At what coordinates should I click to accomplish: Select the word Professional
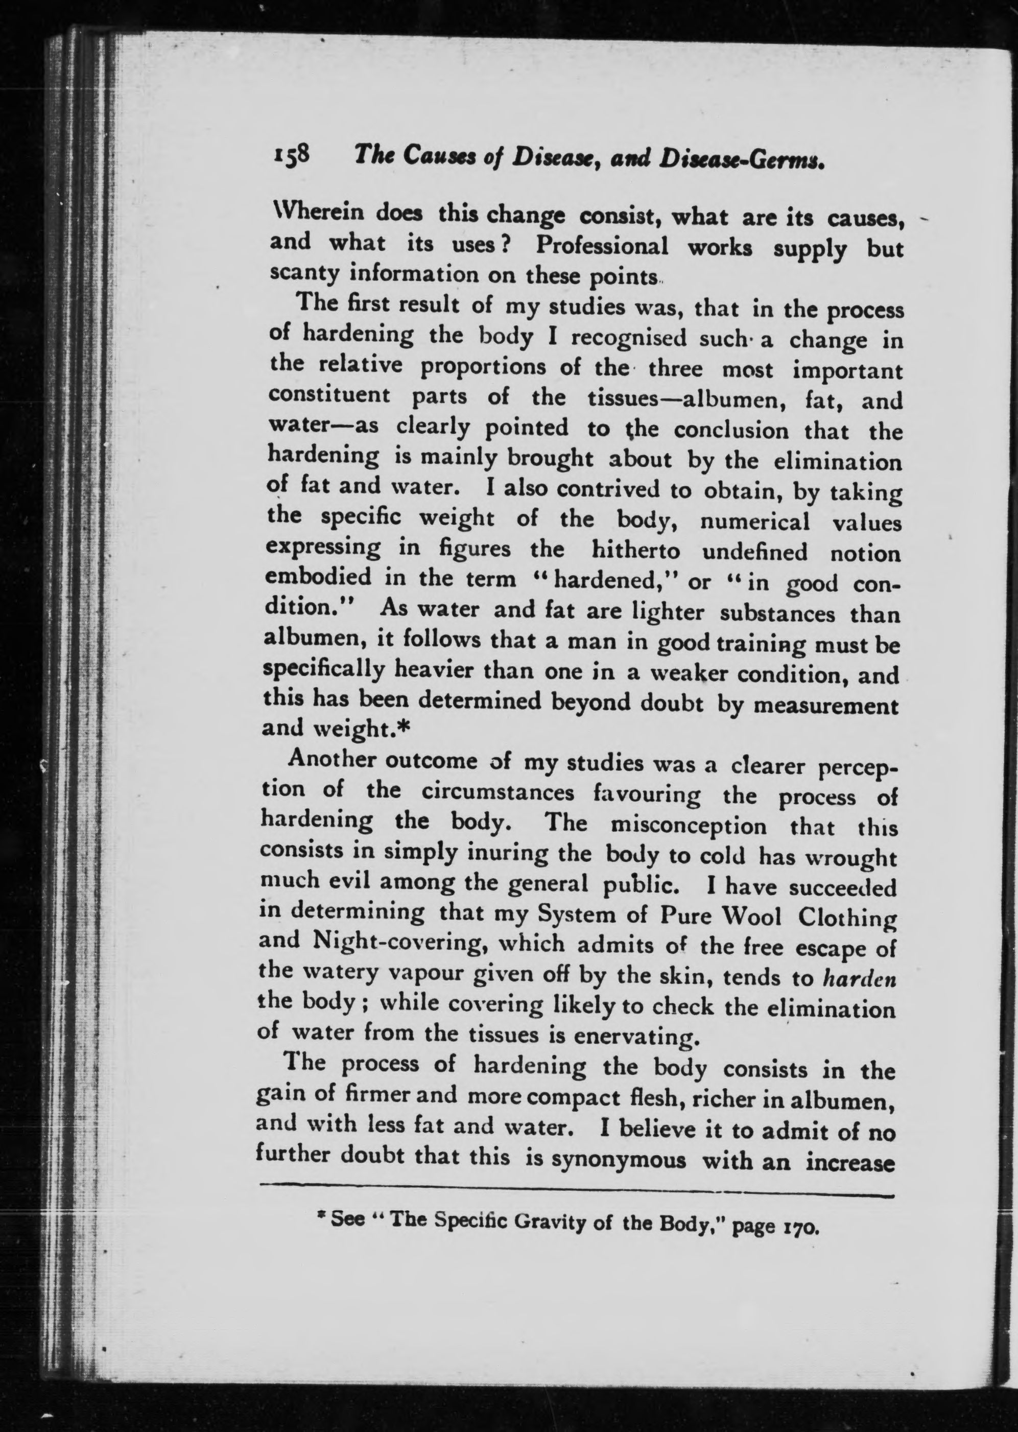602,246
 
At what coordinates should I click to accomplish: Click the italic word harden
858,978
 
